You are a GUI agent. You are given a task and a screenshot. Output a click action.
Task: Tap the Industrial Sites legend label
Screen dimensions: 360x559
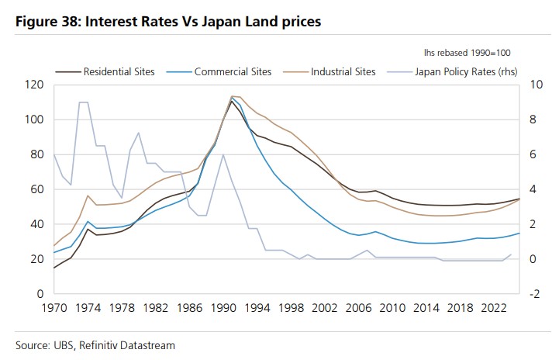point(343,71)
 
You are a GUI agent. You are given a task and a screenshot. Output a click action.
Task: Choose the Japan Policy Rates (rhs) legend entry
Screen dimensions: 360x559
point(466,71)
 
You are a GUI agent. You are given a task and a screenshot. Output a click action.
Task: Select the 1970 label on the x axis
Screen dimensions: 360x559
point(53,308)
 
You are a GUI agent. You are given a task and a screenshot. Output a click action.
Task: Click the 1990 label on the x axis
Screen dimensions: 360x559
point(223,308)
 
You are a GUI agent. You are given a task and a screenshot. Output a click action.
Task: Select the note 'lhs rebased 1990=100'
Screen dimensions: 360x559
point(467,52)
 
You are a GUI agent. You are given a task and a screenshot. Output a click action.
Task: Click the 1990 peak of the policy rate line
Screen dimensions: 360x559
point(223,154)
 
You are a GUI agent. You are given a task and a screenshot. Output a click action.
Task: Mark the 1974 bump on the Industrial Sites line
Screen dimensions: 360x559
point(88,196)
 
